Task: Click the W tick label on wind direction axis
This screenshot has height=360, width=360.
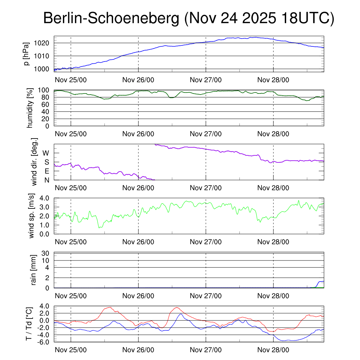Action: pos(46,153)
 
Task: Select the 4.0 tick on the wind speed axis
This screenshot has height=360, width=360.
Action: pos(47,198)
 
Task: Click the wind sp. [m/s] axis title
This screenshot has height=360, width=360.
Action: pos(32,216)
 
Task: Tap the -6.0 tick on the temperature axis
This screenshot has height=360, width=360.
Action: pos(45,342)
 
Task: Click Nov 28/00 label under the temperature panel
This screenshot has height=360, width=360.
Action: pos(273,350)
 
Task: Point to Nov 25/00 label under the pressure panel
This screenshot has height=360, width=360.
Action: pos(71,80)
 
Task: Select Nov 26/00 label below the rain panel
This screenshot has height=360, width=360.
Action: pos(138,296)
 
